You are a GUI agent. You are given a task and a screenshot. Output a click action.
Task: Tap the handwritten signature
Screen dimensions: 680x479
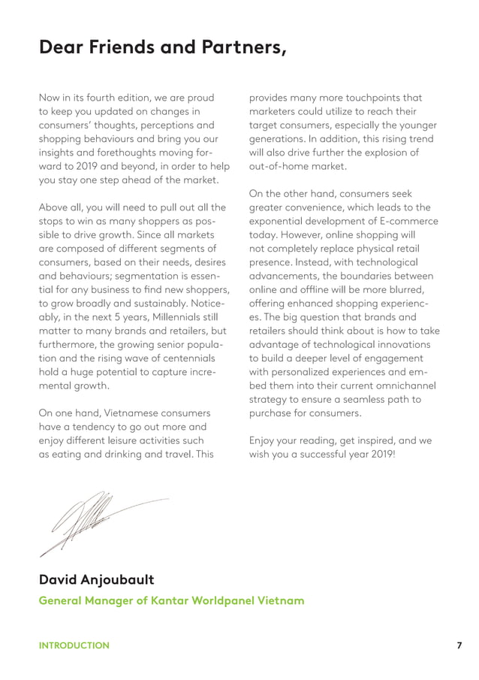pyautogui.click(x=90, y=521)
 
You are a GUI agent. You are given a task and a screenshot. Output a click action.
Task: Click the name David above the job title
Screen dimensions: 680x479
pyautogui.click(x=63, y=581)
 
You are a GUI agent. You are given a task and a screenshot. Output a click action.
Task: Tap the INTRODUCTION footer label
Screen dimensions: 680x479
pyautogui.click(x=74, y=645)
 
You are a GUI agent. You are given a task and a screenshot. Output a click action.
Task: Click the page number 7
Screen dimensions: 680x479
pyautogui.click(x=458, y=645)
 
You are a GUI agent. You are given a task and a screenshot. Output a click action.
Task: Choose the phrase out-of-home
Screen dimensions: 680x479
pyautogui.click(x=279, y=166)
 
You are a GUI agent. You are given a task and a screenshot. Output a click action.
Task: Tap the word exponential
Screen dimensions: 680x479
pyautogui.click(x=281, y=221)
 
